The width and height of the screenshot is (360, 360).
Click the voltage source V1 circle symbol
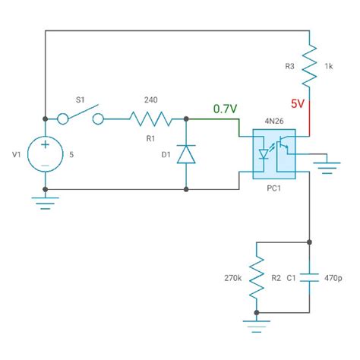pos(46,154)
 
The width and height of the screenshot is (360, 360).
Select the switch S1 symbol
pos(83,118)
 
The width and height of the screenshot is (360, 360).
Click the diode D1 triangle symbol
pos(187,155)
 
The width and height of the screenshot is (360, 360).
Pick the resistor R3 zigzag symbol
pos(309,67)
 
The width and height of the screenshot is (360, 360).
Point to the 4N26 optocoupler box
pos(273,154)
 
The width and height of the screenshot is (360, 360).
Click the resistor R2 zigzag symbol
pos(258,278)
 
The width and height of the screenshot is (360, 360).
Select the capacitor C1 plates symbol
pos(309,278)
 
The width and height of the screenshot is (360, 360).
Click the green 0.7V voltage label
pos(225,109)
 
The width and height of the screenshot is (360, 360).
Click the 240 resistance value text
pos(154,99)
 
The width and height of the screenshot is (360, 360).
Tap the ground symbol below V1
pos(46,201)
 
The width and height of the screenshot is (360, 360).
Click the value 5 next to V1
pos(71,154)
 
